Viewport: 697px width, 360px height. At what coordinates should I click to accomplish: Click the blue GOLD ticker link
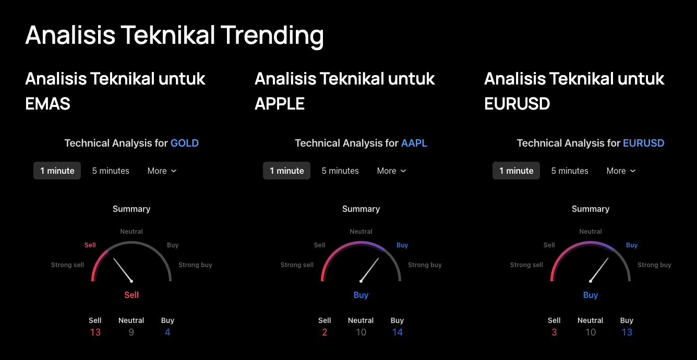tap(185, 143)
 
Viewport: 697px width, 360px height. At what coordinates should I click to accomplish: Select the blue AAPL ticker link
tap(414, 143)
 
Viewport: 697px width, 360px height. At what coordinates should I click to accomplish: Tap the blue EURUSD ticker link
tap(643, 143)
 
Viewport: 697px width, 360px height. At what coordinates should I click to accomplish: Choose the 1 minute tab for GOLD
tap(57, 171)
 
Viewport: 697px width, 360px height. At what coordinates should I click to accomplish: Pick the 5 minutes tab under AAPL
tap(340, 171)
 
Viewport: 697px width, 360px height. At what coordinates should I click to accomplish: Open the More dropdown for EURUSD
tap(621, 171)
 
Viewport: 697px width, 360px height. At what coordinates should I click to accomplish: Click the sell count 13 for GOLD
tap(95, 332)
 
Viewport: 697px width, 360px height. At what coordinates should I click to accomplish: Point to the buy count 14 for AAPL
tap(398, 332)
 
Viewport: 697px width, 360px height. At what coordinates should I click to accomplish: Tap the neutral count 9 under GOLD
tap(131, 332)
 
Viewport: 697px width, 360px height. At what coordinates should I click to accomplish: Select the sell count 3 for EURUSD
tap(554, 332)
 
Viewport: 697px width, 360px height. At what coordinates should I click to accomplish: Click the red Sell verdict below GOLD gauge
tap(131, 295)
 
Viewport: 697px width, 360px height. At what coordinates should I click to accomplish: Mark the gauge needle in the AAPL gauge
tap(369, 269)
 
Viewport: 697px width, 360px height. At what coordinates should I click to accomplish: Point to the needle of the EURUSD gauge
tap(599, 269)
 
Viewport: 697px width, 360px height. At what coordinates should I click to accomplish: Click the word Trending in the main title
tap(272, 35)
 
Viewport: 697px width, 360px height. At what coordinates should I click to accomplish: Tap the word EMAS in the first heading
tap(48, 104)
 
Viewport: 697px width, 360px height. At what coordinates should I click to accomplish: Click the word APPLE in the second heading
tap(280, 104)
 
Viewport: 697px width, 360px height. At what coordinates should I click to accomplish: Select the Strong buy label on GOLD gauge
tap(195, 265)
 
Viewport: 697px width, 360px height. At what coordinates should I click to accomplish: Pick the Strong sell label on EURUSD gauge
tap(526, 265)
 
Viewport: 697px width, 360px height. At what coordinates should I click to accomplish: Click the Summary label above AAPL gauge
tap(361, 209)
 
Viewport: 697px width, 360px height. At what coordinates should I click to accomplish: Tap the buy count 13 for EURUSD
tap(627, 332)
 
